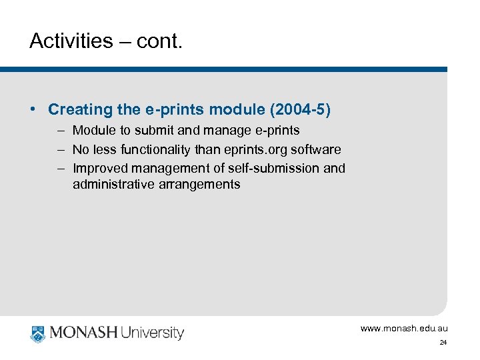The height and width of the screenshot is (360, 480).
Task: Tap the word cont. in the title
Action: click(159, 41)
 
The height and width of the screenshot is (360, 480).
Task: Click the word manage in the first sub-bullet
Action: click(227, 131)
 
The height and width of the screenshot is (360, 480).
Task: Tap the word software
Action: click(316, 149)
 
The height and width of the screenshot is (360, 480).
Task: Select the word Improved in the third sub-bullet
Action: click(98, 168)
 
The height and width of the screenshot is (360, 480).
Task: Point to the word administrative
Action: click(113, 184)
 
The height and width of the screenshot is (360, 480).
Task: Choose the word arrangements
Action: click(199, 184)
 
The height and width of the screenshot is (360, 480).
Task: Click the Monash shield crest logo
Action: click(38, 333)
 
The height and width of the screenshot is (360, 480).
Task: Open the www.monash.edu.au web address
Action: click(404, 328)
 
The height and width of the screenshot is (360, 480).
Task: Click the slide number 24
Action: click(443, 343)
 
